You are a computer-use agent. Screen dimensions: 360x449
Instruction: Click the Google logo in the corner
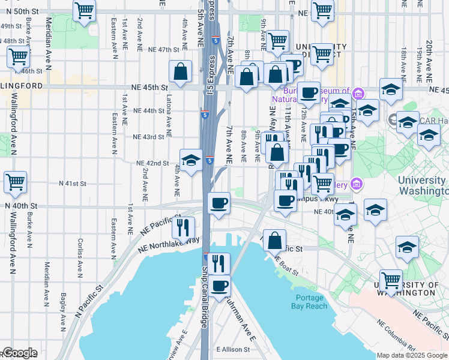tap(19, 353)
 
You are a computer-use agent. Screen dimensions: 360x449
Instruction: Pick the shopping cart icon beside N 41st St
tap(16, 182)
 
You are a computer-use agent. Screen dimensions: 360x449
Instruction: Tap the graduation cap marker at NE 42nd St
tap(191, 160)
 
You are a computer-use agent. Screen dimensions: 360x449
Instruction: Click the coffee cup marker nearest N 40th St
tap(219, 202)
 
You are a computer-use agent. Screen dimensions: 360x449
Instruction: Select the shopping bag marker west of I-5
tap(181, 71)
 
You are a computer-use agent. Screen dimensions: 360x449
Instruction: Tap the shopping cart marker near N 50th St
tap(85, 10)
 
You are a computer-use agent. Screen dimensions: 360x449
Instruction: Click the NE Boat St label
tap(286, 265)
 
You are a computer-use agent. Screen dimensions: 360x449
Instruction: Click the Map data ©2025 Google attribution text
tap(412, 355)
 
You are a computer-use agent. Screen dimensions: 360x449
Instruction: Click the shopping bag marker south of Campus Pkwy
tap(274, 241)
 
